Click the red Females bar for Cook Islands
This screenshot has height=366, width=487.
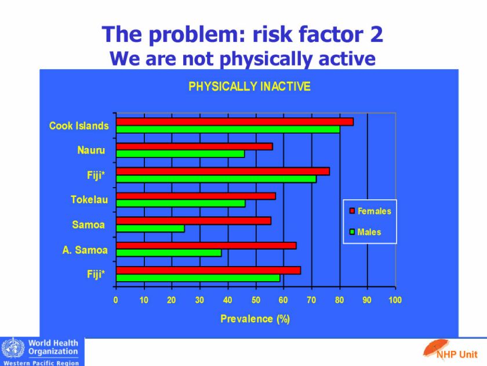(x=235, y=121)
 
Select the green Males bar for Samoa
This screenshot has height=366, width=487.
(x=150, y=228)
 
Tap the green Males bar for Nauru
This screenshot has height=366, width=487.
(x=180, y=154)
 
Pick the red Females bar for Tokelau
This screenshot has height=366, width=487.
(x=196, y=196)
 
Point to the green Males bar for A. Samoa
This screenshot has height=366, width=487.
(x=169, y=253)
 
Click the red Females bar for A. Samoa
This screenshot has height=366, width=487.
(x=206, y=246)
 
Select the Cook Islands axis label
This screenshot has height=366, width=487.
(x=79, y=125)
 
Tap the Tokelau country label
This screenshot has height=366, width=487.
(x=89, y=199)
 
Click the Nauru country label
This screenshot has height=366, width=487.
(x=91, y=150)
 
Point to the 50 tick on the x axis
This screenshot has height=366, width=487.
(x=256, y=300)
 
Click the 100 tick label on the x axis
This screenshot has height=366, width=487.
(x=395, y=300)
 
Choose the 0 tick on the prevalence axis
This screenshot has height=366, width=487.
(x=115, y=300)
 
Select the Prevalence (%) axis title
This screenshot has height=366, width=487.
(x=255, y=319)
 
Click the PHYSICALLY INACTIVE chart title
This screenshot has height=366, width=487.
(x=249, y=86)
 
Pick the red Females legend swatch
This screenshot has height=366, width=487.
(x=352, y=211)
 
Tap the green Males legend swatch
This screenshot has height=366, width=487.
(x=352, y=232)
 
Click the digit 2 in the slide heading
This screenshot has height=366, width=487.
(x=376, y=34)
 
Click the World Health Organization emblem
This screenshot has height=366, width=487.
(x=13, y=348)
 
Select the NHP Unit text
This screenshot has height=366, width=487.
(x=457, y=354)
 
